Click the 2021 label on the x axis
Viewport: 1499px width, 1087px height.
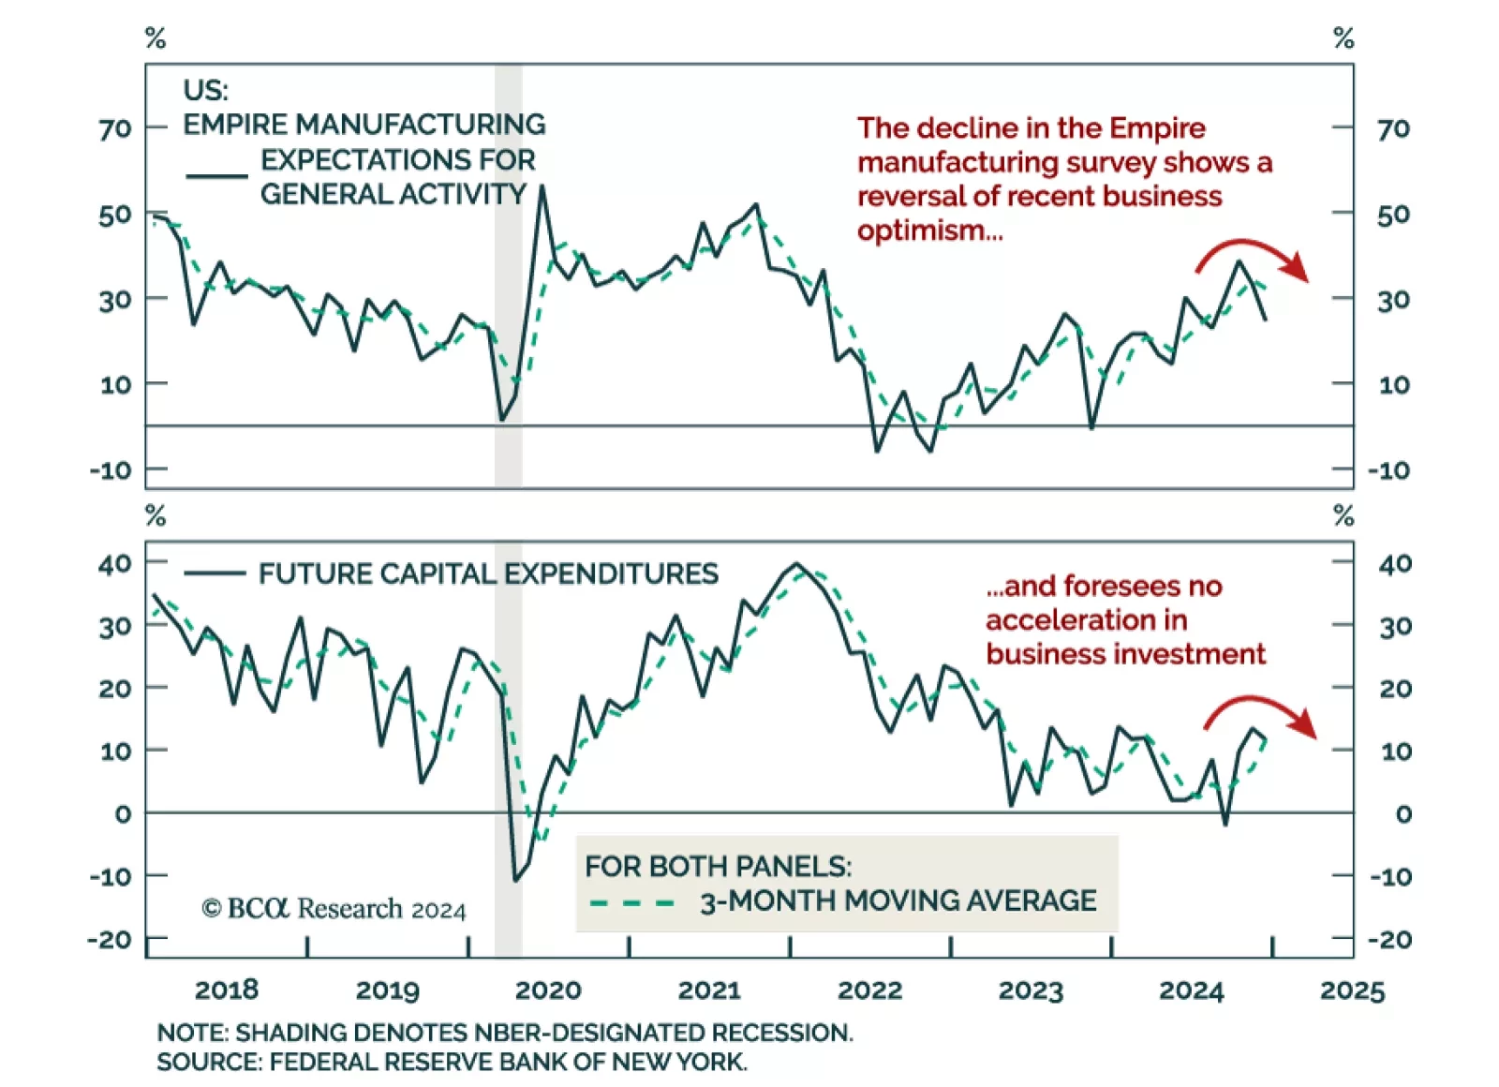pos(709,990)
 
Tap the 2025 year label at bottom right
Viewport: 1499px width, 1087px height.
pos(1352,990)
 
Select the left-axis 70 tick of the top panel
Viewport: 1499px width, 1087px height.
pos(115,128)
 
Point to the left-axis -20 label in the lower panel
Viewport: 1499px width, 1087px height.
pos(110,939)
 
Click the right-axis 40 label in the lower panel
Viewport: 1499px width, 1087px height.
pos(1395,564)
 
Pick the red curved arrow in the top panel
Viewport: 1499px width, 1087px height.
pos(1253,256)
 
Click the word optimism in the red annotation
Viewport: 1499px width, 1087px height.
pos(929,231)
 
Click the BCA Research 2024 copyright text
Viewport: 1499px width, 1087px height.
pos(334,909)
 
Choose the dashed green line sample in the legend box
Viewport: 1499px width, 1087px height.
pos(632,903)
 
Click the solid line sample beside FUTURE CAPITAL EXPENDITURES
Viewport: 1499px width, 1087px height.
pos(215,573)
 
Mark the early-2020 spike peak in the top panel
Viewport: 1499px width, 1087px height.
pos(542,186)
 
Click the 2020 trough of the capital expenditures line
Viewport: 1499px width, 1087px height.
pos(515,880)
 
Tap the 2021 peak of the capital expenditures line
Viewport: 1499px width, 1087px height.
pos(796,564)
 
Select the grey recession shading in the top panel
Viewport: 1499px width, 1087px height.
pos(509,281)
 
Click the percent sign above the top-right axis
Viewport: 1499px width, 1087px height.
pos(1343,38)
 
